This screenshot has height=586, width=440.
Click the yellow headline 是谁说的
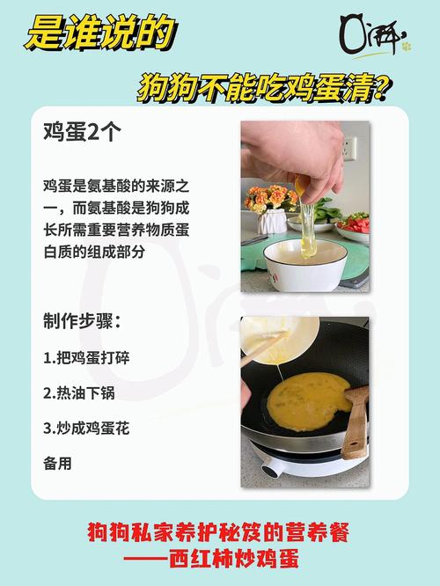click(x=99, y=34)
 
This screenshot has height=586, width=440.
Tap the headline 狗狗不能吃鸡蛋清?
click(x=264, y=87)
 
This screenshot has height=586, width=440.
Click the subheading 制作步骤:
click(x=82, y=320)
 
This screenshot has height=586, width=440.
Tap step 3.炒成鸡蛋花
click(x=86, y=428)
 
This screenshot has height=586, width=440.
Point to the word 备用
click(x=57, y=462)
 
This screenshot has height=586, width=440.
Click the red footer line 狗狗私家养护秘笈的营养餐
click(x=218, y=533)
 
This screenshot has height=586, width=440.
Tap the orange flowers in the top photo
click(x=268, y=197)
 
